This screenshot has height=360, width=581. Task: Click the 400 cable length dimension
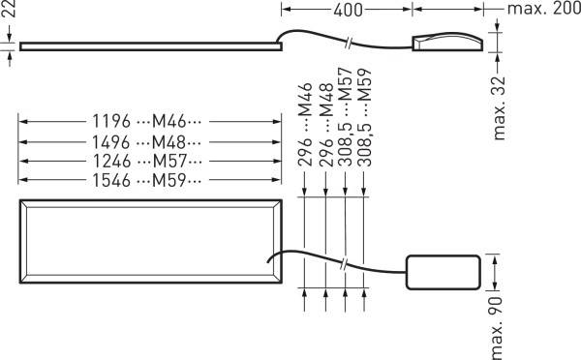(x=347, y=11)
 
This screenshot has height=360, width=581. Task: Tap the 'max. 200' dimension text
(x=541, y=11)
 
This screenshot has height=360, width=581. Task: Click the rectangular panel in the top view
(x=150, y=243)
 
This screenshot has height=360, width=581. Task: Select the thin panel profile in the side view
(x=145, y=45)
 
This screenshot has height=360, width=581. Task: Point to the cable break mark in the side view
(x=350, y=43)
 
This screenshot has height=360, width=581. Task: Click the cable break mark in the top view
(x=346, y=264)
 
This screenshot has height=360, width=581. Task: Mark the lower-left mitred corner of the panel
(x=22, y=284)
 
